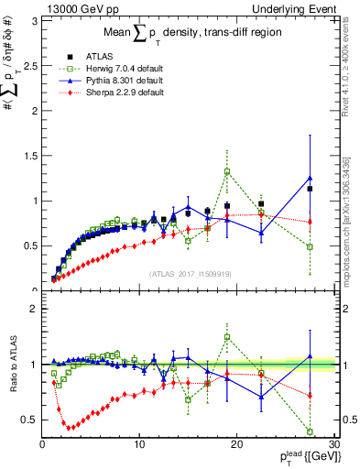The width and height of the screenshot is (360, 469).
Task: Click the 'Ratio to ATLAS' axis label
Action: (x=12, y=367)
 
